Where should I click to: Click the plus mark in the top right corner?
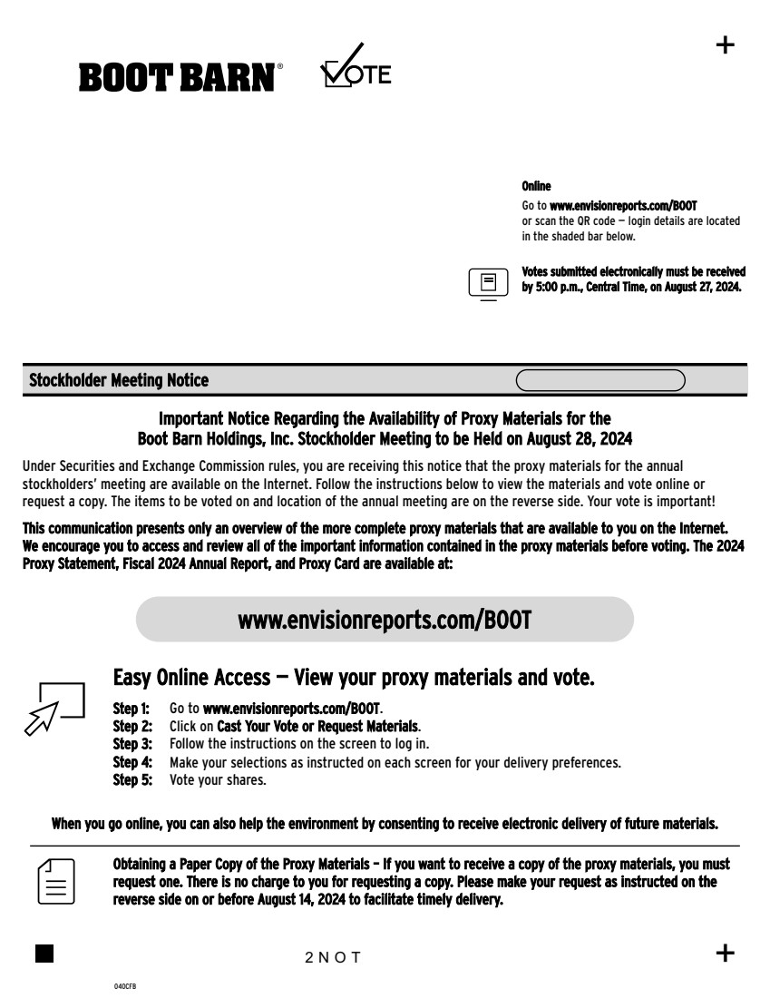(x=726, y=45)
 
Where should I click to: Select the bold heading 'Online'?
(x=536, y=186)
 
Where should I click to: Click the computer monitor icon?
(x=488, y=282)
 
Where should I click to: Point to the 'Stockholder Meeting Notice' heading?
(x=119, y=381)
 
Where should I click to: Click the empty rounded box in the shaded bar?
(x=600, y=380)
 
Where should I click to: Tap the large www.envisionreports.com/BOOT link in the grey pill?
(x=385, y=620)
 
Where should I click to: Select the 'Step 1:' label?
(x=132, y=707)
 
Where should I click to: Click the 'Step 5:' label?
(x=132, y=780)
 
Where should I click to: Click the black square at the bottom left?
(x=44, y=953)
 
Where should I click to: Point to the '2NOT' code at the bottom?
(x=333, y=958)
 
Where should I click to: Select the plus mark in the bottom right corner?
(x=726, y=953)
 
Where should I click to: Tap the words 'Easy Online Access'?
(x=191, y=679)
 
